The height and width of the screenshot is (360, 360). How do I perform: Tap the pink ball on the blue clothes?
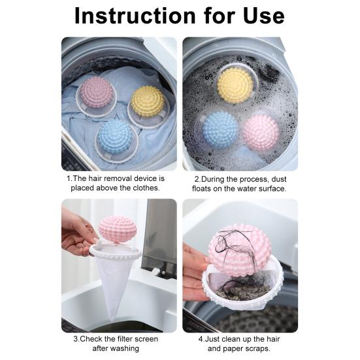pos(97,91)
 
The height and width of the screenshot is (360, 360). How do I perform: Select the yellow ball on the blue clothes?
pos(148,101)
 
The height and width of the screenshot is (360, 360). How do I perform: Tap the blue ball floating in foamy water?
pos(220,127)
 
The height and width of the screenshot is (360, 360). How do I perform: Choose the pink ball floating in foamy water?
pos(261,131)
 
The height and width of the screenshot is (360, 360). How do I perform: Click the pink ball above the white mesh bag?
pos(118,229)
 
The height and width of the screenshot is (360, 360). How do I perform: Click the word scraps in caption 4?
pos(270,349)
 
